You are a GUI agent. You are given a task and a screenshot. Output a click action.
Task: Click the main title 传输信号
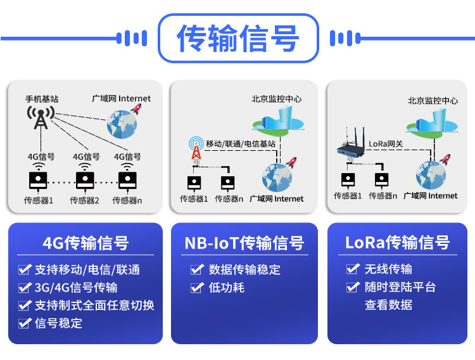tap(237, 38)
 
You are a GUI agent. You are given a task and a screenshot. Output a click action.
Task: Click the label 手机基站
tap(42, 99)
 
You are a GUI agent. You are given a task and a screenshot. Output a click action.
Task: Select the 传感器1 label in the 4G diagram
tap(39, 200)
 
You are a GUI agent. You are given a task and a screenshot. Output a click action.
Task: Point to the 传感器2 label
tap(85, 200)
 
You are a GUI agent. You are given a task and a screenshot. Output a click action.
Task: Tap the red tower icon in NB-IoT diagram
tap(196, 150)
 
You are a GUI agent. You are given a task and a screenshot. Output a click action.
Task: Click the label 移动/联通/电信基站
tap(241, 144)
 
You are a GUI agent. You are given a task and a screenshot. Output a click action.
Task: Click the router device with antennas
tap(351, 148)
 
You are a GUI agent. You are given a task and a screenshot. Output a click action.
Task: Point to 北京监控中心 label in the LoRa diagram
tap(433, 100)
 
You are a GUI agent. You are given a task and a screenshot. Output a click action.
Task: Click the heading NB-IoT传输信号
tap(244, 243)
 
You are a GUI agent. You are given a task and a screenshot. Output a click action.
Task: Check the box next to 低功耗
tap(197, 288)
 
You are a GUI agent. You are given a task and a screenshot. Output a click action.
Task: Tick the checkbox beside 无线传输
tap(353, 269)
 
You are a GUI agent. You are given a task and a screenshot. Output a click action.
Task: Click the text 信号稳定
tap(59, 323)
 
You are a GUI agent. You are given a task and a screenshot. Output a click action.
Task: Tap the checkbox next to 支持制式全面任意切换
tap(25, 305)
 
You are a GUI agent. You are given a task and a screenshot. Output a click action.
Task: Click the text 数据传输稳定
tap(244, 269)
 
